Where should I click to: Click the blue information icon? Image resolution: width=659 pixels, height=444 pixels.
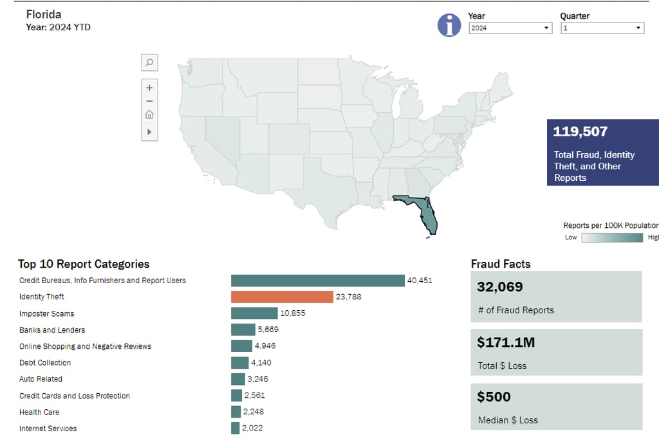[x=449, y=25]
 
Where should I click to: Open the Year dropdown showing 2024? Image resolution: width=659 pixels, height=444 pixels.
[x=510, y=28]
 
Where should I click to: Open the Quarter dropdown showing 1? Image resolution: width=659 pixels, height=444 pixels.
[x=602, y=28]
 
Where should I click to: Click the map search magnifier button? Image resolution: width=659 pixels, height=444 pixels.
[x=149, y=62]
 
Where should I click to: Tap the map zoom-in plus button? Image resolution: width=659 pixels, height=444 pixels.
[x=149, y=88]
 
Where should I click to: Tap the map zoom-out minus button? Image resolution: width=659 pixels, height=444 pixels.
[x=149, y=101]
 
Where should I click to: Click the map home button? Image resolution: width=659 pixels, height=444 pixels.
[x=149, y=115]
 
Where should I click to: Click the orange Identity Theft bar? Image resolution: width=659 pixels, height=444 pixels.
[x=282, y=297]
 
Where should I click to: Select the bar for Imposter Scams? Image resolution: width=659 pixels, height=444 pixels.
[x=254, y=313]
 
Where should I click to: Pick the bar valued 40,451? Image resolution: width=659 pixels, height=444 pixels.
[x=317, y=281]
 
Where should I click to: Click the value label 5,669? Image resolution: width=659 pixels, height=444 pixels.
[x=268, y=330]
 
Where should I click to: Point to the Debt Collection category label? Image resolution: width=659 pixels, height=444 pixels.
[x=45, y=363]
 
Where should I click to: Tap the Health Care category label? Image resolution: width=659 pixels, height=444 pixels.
[x=39, y=412]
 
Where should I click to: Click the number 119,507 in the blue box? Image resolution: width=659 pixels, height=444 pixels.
[x=580, y=132]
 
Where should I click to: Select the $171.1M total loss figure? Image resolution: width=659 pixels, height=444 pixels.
[x=506, y=343]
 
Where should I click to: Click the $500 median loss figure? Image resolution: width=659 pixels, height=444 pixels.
[x=494, y=397]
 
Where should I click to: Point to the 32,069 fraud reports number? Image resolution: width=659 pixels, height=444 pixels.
[x=500, y=288]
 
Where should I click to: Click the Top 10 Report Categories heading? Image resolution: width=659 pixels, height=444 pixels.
[x=84, y=264]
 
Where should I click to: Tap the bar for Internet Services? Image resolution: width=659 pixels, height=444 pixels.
[x=235, y=429]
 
